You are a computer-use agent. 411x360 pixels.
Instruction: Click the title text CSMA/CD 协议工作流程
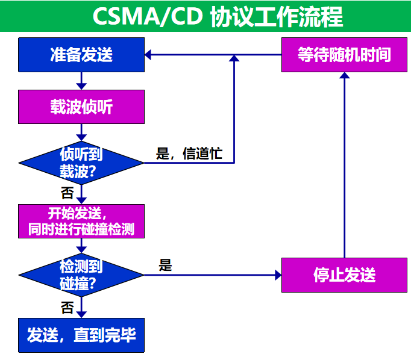tap(218, 17)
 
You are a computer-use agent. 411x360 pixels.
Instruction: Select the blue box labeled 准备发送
tap(81, 55)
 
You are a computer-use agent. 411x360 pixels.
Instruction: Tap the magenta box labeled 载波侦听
tap(81, 107)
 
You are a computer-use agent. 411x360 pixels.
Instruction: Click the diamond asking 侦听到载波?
tap(81, 163)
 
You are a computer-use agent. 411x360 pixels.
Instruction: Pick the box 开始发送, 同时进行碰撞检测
tap(81, 221)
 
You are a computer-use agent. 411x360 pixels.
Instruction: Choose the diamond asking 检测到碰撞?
tap(81, 275)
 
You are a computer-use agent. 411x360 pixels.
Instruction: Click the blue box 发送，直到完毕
tap(81, 335)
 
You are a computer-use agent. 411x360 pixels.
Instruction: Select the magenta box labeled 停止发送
tap(344, 275)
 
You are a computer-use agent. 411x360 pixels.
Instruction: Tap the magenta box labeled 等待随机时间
tap(344, 55)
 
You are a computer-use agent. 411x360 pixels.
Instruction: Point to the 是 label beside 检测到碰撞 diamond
tap(165, 265)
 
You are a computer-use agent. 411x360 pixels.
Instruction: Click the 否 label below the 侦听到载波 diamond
tap(67, 193)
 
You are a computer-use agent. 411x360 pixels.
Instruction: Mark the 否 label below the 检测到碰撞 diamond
tap(67, 308)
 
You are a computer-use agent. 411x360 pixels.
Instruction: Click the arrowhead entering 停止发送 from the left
tap(277, 275)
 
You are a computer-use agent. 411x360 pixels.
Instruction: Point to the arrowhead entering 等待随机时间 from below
tap(344, 76)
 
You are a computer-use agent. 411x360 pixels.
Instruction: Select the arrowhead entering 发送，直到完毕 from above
tap(81, 314)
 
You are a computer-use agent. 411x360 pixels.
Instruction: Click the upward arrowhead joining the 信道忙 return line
tap(234, 58)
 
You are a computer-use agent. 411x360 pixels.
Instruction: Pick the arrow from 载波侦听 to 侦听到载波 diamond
tap(81, 132)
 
